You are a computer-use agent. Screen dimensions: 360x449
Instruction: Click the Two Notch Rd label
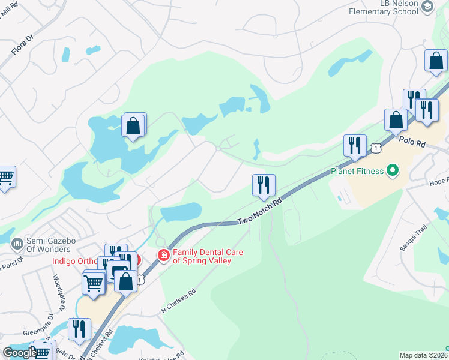(259, 213)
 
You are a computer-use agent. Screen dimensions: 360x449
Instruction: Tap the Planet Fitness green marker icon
(393, 172)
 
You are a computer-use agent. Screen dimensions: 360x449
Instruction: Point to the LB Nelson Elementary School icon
(428, 7)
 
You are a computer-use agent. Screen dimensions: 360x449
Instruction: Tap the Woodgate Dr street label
(58, 292)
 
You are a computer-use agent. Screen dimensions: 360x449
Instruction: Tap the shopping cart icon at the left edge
(5, 177)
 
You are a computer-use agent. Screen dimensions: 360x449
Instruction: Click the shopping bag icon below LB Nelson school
(436, 61)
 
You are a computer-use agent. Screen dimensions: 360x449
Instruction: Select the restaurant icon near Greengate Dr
(79, 329)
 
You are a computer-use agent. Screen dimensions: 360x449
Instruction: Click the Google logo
(19, 352)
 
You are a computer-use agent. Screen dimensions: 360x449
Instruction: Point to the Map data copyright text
(422, 355)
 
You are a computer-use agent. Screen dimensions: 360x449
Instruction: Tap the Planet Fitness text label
(357, 172)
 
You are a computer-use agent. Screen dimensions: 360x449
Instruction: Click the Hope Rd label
(439, 181)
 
